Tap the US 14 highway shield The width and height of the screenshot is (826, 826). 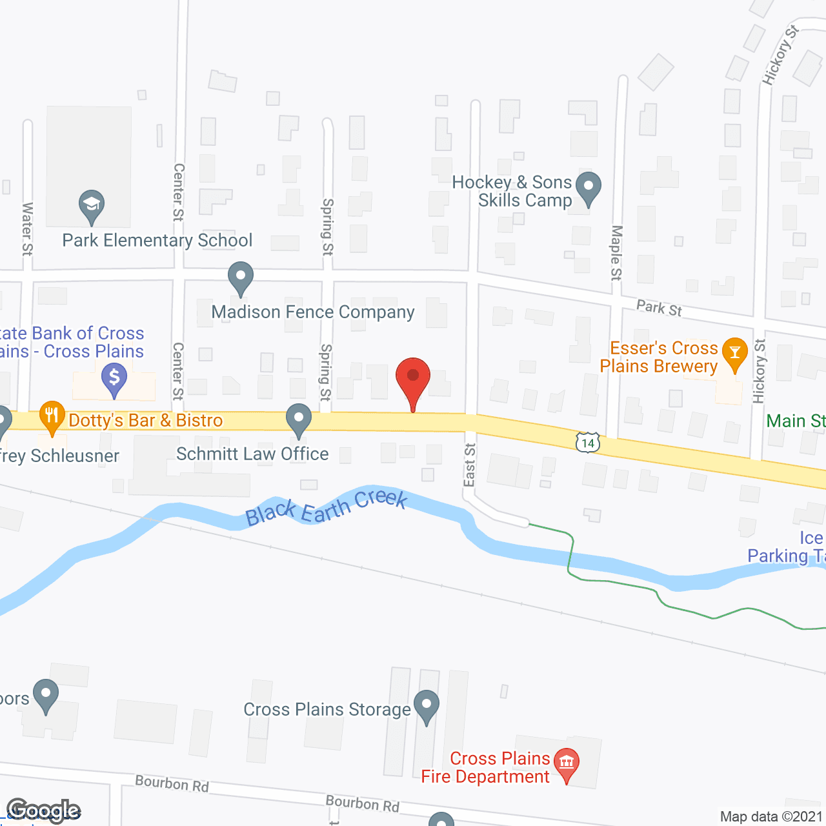588,443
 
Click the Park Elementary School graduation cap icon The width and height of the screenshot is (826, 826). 92,205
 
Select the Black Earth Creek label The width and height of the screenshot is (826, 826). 327,507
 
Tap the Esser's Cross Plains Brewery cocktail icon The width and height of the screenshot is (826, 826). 734,353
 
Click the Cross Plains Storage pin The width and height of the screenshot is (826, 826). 426,706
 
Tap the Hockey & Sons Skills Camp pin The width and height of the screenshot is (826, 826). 588,188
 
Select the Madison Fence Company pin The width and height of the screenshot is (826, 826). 241,277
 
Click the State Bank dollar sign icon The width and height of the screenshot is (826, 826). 114,378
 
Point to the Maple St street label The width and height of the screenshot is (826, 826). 616,252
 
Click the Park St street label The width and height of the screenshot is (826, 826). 659,308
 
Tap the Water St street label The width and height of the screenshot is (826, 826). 27,228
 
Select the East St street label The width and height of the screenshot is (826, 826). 470,465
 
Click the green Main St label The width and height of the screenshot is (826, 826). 796,421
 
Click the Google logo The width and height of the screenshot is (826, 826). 43,811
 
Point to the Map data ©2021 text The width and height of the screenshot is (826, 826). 771,816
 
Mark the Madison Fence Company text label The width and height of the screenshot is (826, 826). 313,312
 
